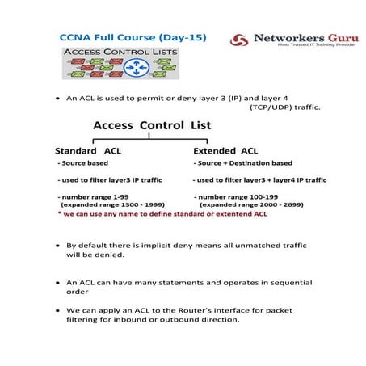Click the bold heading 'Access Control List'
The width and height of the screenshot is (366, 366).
152,126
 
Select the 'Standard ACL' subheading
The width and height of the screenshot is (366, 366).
88,150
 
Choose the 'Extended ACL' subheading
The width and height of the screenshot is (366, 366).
225,150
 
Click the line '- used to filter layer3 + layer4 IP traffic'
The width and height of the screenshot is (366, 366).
259,179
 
